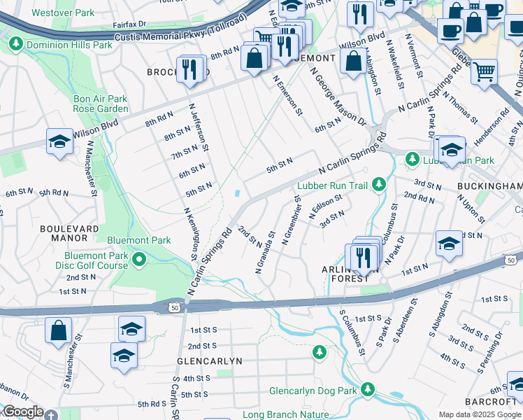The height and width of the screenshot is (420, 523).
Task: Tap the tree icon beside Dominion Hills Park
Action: [x=15, y=45]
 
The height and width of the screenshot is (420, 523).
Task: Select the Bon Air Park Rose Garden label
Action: [x=101, y=104]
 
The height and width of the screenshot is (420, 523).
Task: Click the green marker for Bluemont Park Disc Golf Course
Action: [x=139, y=260]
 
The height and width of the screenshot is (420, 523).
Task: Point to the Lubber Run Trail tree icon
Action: [x=379, y=185]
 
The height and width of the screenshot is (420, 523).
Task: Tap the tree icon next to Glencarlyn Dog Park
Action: [x=368, y=390]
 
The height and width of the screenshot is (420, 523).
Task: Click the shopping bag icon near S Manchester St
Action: [x=59, y=330]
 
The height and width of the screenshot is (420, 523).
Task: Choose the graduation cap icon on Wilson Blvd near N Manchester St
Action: [x=59, y=142]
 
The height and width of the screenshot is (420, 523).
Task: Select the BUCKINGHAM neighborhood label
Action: [x=489, y=186]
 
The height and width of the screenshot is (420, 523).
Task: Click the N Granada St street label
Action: [x=264, y=256]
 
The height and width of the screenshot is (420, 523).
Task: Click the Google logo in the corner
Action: [x=22, y=412]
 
